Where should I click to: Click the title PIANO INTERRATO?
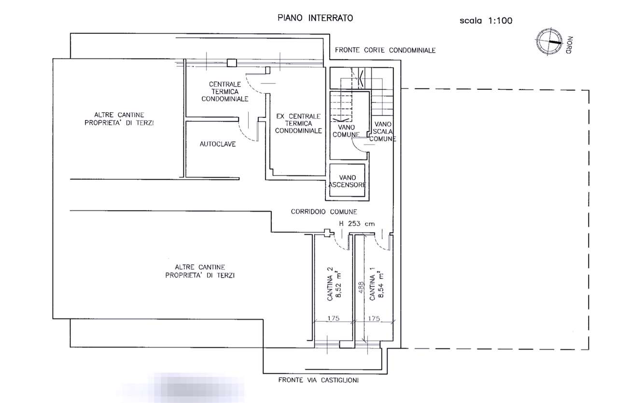click(315, 18)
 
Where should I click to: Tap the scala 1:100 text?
click(486, 21)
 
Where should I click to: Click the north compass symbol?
click(549, 42)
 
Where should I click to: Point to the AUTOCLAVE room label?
click(218, 144)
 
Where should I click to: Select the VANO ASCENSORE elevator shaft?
click(347, 181)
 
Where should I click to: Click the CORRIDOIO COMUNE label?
click(324, 212)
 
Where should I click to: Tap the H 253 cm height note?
click(357, 224)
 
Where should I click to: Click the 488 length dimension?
click(361, 289)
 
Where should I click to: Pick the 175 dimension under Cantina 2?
click(333, 318)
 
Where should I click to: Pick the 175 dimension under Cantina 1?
click(374, 318)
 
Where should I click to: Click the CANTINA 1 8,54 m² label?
click(377, 286)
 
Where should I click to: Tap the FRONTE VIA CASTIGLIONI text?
click(318, 380)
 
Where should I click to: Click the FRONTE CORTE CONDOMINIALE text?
click(385, 50)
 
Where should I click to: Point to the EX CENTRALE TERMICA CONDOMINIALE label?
click(298, 123)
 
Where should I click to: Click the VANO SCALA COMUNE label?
click(383, 131)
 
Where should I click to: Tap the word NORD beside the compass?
click(569, 45)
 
